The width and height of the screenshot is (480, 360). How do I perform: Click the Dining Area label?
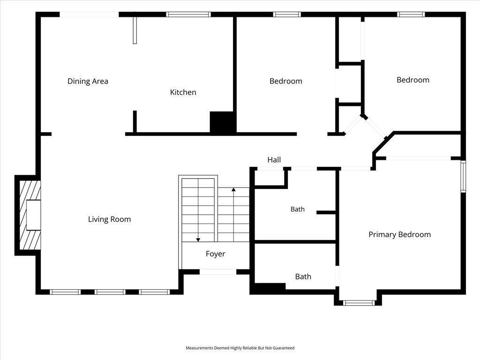coord(88,81)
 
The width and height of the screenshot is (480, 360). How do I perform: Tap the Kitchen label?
coord(183,92)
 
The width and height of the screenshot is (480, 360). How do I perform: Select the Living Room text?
coord(109,219)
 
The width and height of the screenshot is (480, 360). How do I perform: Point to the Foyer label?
coord(215,254)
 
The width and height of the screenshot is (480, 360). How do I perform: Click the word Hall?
coord(274,160)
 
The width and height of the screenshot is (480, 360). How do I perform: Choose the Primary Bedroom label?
coord(399,234)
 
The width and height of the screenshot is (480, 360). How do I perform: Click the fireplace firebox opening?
coord(33,215)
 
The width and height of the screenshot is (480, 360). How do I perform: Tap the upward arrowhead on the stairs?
coord(233,190)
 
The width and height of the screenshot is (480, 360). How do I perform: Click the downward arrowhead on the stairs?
coord(198,240)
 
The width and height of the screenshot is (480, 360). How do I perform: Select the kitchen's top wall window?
coord(188,15)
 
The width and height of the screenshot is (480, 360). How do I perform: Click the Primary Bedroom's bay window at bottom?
coord(359,303)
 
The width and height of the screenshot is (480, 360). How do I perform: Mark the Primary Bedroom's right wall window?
coord(463,177)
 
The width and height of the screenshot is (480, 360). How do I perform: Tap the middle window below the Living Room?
coord(110,292)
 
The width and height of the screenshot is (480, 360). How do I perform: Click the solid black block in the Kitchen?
coord(222,122)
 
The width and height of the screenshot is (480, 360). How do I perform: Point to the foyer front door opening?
coord(218,272)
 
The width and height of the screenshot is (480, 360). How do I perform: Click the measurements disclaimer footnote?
coord(240,348)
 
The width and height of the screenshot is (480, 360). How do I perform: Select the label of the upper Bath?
coord(298,209)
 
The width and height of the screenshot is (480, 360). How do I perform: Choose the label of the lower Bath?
coord(303,277)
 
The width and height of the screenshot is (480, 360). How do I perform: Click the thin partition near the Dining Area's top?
coord(135,30)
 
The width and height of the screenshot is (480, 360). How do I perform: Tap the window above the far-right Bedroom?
coord(411,15)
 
